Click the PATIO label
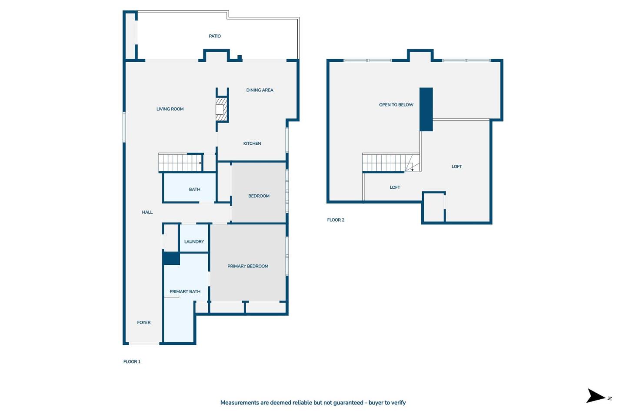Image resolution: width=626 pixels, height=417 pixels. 215,36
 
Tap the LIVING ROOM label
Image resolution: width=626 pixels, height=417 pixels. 170,109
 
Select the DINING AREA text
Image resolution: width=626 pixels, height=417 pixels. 260,90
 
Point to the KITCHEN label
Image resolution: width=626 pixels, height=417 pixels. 252,143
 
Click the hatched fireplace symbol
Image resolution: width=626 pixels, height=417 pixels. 222,109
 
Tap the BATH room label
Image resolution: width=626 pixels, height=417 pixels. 194,190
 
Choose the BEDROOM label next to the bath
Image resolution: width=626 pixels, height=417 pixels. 259,196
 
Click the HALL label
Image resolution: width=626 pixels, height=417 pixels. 147,212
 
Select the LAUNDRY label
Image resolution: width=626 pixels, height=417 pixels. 194,242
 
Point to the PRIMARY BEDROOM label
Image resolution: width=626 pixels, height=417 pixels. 248,266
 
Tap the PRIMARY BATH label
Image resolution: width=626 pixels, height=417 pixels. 185,292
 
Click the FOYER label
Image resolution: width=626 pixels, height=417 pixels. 144,323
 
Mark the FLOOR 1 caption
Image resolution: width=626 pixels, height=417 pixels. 132,362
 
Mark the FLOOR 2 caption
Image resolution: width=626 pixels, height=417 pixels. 336,220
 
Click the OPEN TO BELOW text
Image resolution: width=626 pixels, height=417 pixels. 396,105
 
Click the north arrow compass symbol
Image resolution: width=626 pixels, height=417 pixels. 596,396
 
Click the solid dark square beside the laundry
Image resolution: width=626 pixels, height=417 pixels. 171,258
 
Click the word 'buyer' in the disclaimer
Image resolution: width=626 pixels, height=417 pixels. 376,403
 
